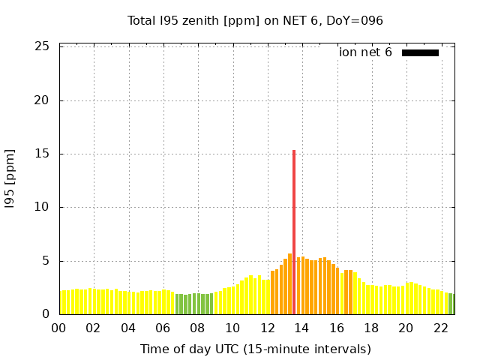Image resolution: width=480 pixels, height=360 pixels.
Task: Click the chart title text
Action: coord(255,20)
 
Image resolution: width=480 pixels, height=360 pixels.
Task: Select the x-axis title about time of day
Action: coord(255,349)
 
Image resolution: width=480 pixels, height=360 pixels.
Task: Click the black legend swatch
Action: coord(420,52)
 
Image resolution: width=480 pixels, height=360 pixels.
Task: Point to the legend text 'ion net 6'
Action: coord(365,52)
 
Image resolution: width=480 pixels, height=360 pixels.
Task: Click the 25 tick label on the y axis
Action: coord(43,46)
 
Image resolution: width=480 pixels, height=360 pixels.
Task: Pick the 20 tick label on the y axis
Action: coord(43,100)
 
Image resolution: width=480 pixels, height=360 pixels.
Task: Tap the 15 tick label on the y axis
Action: coord(43,154)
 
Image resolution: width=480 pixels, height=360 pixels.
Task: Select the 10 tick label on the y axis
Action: coord(43,208)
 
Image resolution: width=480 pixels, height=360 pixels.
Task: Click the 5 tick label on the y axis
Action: coord(46,261)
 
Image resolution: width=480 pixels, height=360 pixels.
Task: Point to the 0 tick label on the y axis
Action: coord(46,314)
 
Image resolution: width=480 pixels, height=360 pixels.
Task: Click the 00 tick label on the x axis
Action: coord(59,328)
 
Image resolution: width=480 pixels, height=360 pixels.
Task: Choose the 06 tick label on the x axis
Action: coord(163,328)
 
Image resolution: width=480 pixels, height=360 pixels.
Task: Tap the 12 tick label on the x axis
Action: coord(267,328)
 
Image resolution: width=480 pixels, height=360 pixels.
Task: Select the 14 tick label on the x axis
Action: coord(301,328)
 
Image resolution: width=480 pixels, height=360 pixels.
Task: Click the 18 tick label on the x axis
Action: coord(371,328)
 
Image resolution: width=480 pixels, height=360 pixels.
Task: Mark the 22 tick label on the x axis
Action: coord(440,328)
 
